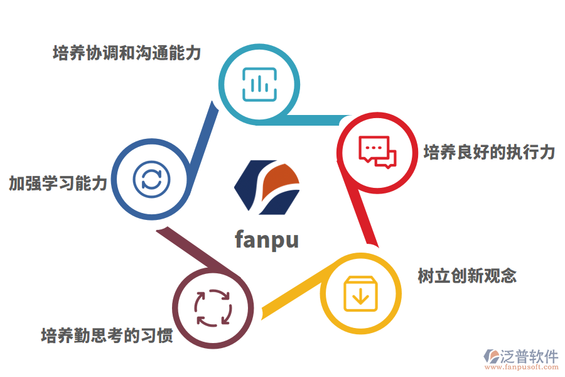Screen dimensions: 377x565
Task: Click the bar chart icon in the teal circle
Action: pyautogui.click(x=259, y=84)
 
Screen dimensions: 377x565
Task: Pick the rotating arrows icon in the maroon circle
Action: pyautogui.click(x=213, y=308)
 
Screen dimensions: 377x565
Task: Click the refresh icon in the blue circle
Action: pyautogui.click(x=151, y=179)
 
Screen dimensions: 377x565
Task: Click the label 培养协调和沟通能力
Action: pyautogui.click(x=127, y=53)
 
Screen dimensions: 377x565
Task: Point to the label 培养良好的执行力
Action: pyautogui.click(x=489, y=152)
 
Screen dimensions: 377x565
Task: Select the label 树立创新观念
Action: pyautogui.click(x=467, y=275)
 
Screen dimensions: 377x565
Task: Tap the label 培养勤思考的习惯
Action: pyautogui.click(x=107, y=335)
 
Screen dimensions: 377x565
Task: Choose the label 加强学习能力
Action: pyautogui.click(x=58, y=183)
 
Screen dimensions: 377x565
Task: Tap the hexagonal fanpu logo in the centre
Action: pyautogui.click(x=267, y=187)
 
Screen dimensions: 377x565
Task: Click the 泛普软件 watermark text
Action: pyautogui.click(x=529, y=356)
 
